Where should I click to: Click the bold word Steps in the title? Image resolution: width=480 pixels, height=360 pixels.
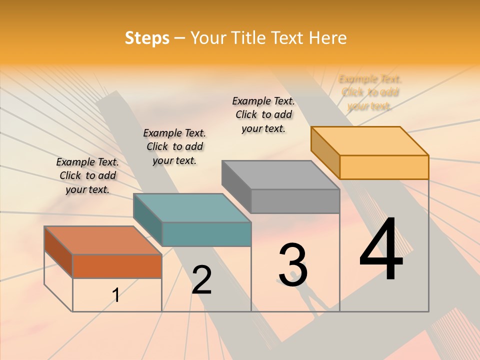coord(147,38)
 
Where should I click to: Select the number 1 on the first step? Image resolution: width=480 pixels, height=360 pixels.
coord(116,295)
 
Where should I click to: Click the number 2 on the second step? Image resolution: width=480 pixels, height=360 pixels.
coord(201,280)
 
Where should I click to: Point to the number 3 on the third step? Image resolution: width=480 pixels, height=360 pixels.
coord(293,265)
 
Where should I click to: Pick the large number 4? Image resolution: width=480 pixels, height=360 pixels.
coord(381,249)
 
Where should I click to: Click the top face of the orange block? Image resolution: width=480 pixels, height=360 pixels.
coord(102,240)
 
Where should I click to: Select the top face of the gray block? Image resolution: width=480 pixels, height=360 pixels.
coord(280,175)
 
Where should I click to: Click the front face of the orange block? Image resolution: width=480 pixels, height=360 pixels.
coord(117,266)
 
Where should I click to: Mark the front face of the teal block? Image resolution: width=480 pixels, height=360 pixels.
coord(206,234)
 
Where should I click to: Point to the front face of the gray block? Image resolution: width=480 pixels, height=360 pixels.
coord(295,201)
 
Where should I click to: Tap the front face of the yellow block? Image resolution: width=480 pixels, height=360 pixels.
coord(384,167)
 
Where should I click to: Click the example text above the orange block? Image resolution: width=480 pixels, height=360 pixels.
coord(87,176)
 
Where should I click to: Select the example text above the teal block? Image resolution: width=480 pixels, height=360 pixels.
coord(174,146)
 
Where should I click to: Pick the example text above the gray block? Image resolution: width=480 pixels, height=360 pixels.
coord(263,114)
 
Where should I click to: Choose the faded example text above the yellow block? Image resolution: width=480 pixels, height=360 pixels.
coord(370,92)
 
